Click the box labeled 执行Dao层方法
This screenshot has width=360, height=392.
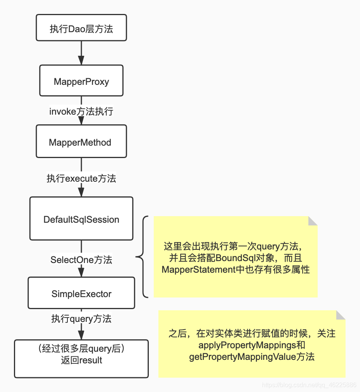pyautogui.click(x=81, y=28)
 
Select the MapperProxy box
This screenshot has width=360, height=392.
pyautogui.click(x=81, y=81)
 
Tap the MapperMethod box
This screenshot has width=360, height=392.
pyautogui.click(x=81, y=141)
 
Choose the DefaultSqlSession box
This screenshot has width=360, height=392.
pyautogui.click(x=81, y=218)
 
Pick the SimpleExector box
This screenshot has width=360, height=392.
pyautogui.click(x=81, y=293)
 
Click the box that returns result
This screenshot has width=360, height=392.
pyautogui.click(x=81, y=359)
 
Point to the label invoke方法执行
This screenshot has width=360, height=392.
pyautogui.click(x=81, y=112)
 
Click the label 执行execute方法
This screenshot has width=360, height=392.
pyautogui.click(x=81, y=178)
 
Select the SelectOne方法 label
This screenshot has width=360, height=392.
pyautogui.click(x=81, y=259)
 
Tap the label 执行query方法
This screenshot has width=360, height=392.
pyautogui.click(x=81, y=318)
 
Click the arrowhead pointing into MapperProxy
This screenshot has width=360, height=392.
pyautogui.click(x=81, y=60)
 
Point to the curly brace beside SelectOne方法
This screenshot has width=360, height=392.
pyautogui.click(x=142, y=257)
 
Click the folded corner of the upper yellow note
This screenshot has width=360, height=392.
pyautogui.click(x=312, y=221)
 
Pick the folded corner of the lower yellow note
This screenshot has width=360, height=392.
pyautogui.click(x=340, y=315)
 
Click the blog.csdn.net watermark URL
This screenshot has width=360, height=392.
pyautogui.click(x=309, y=385)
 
